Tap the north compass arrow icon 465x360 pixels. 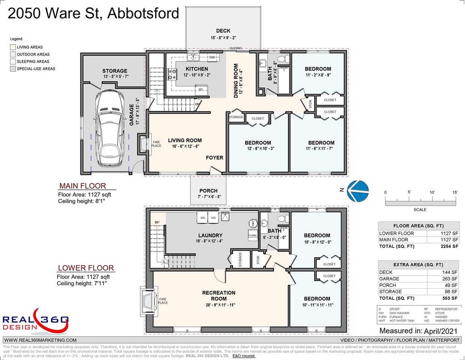(x=357, y=191)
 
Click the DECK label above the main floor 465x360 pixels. (x=223, y=31)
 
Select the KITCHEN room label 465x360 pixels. (x=196, y=69)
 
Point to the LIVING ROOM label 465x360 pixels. (x=185, y=140)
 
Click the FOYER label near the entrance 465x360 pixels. (x=214, y=158)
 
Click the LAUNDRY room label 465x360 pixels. (x=210, y=235)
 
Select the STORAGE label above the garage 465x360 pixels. (x=114, y=71)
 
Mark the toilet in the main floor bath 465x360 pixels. (x=281, y=59)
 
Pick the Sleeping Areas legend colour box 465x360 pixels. (x=13, y=61)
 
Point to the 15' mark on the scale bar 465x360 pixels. (x=455, y=192)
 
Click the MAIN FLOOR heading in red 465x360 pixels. (x=83, y=186)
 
